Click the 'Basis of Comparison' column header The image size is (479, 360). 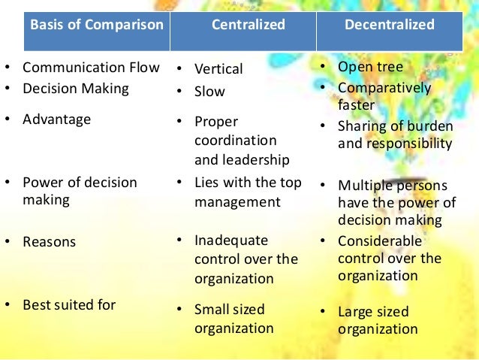pyautogui.click(x=96, y=25)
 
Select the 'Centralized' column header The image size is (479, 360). pyautogui.click(x=249, y=25)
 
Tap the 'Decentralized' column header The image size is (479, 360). pyautogui.click(x=390, y=25)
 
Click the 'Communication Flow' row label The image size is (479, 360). pyautogui.click(x=91, y=68)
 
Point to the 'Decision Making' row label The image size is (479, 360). pyautogui.click(x=76, y=89)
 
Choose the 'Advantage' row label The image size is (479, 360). pyautogui.click(x=56, y=119)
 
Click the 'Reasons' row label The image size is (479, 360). pyautogui.click(x=50, y=242)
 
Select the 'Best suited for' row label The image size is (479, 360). pyautogui.click(x=69, y=305)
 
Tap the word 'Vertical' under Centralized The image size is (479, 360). pyautogui.click(x=218, y=69)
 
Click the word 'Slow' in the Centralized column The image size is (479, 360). pyautogui.click(x=209, y=92)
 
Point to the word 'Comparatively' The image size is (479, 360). pyautogui.click(x=384, y=88)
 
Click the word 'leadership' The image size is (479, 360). pyautogui.click(x=242, y=159)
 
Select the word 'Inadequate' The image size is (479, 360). pyautogui.click(x=231, y=241)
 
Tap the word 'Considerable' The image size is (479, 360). pyautogui.click(x=380, y=241)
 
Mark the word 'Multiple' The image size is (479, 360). pyautogui.click(x=364, y=186)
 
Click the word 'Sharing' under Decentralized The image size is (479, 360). pyautogui.click(x=363, y=126)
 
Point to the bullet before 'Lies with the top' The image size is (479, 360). pyautogui.click(x=180, y=182)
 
